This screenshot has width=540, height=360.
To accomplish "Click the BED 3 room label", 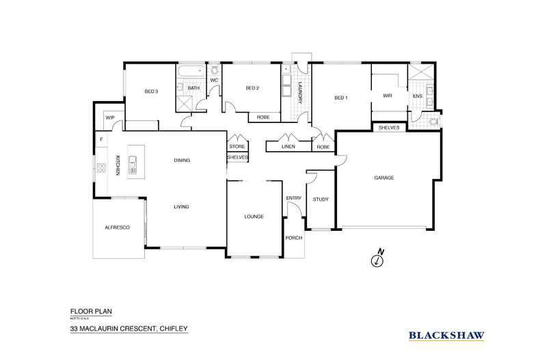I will pos(151,91).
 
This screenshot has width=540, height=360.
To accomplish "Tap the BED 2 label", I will pos(252,88).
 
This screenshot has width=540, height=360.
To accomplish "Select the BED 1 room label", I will pos(341,98).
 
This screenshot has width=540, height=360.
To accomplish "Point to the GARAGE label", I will pos(383,178).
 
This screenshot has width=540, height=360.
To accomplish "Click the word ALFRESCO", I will pos(118,227).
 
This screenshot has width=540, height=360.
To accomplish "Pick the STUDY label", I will pos(320,199).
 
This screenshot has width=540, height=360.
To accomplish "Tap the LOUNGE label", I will pos(254,217).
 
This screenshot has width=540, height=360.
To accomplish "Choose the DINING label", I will pos(181,161).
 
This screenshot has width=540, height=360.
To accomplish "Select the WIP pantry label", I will pos(109,118).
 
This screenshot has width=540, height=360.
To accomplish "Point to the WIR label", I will pos(388,96).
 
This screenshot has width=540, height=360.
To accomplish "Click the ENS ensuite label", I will pos(417,96).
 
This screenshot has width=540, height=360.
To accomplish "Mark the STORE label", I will pos(237,146).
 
